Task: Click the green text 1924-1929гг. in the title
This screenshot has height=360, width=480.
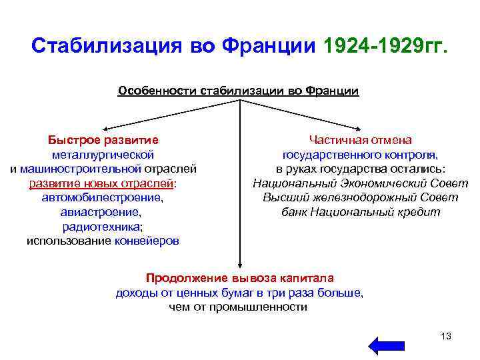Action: coord(386,46)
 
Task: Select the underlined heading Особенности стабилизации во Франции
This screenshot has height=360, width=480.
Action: coord(238,91)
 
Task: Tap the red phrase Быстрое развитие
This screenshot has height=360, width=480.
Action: coord(103,140)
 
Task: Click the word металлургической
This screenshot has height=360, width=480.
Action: coord(103,155)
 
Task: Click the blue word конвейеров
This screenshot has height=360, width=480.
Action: coord(147,241)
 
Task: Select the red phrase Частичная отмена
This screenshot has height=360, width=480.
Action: coord(360,140)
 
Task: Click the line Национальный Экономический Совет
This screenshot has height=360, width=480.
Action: coord(360,183)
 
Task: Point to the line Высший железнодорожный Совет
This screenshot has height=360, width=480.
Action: coord(360,197)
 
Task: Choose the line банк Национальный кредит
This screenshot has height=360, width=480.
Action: coord(360,212)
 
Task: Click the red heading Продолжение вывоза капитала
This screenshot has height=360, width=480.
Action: coord(240,278)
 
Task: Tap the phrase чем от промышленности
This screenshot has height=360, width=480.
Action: coord(239,307)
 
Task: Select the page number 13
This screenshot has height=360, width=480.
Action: coord(446,335)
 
